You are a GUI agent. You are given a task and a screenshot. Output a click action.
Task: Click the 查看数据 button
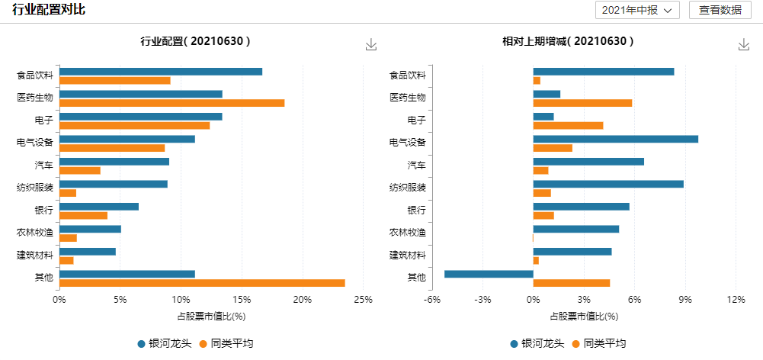720,10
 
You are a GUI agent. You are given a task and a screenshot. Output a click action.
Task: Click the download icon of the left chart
371,44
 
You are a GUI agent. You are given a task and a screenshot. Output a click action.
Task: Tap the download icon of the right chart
744,44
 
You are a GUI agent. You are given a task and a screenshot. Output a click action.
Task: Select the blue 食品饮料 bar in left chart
161,72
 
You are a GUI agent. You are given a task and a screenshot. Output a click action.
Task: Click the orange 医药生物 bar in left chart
172,103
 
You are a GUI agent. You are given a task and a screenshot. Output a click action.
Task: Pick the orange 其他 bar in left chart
202,283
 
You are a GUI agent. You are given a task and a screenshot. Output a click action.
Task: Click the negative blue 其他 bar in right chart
489,274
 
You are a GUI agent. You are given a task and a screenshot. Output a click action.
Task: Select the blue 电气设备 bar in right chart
615,139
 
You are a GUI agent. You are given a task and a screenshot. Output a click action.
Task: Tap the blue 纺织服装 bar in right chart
608,184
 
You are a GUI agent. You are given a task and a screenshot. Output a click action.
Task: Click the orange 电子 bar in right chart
568,125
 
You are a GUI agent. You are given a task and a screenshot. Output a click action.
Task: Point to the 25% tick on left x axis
363,299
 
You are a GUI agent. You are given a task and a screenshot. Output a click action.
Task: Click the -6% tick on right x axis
433,299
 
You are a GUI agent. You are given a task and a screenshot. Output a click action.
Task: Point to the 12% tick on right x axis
736,299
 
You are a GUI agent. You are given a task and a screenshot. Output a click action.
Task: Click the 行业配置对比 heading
48,10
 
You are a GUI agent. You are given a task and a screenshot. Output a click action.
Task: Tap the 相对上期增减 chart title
563,41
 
